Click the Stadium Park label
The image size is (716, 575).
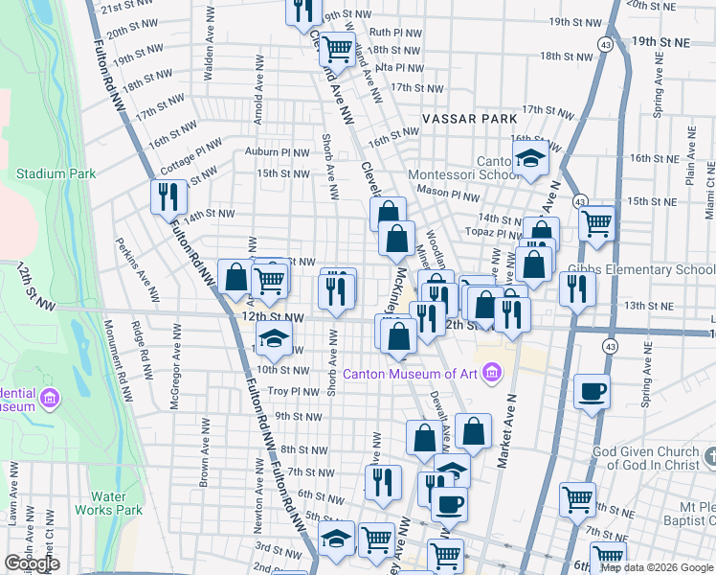click(56, 173)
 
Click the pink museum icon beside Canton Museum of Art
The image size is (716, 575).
click(492, 372)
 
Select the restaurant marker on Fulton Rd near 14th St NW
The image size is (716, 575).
click(168, 195)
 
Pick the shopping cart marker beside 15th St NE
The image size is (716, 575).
click(597, 222)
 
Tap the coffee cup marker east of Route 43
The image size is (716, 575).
click(593, 392)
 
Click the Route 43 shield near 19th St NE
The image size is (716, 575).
click(607, 44)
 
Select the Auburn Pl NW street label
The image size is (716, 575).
click(278, 152)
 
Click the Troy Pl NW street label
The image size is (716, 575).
click(291, 391)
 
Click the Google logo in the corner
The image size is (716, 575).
click(32, 563)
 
